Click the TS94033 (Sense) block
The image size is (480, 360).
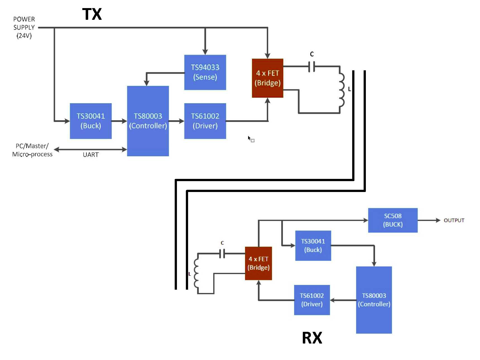(x=205, y=72)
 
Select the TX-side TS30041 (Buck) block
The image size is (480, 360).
(x=91, y=121)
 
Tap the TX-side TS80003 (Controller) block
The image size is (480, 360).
(x=148, y=121)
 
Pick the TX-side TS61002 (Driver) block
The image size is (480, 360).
(x=205, y=121)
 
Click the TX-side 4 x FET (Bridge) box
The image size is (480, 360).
(x=268, y=78)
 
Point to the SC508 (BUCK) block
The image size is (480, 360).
(x=393, y=220)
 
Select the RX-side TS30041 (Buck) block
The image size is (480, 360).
(x=313, y=246)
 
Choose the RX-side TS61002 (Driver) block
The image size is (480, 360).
(x=312, y=300)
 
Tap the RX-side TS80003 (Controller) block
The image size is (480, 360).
(x=374, y=300)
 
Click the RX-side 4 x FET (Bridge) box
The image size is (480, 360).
(x=258, y=263)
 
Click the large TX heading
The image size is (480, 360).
(x=92, y=14)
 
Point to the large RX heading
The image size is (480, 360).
(x=312, y=338)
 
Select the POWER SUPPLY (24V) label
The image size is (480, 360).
(x=24, y=27)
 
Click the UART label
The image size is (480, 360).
(x=91, y=155)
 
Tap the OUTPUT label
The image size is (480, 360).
(x=454, y=220)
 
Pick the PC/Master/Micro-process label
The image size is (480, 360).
(x=32, y=150)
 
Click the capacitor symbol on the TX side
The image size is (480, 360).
(x=312, y=66)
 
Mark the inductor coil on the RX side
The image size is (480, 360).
(x=196, y=273)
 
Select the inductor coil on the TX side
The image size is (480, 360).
(x=342, y=90)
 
